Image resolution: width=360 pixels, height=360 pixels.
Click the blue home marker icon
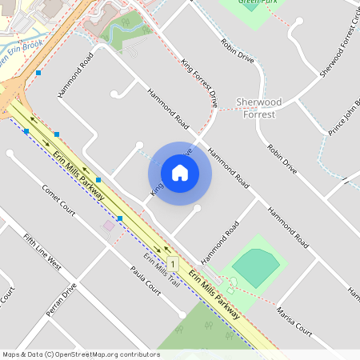[180, 173]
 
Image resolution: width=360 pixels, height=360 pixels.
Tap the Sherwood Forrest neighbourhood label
[256, 108]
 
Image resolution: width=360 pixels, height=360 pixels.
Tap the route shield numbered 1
[174, 263]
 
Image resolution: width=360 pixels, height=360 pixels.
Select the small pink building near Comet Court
[109, 226]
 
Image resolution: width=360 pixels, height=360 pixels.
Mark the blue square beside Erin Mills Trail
[120, 218]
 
